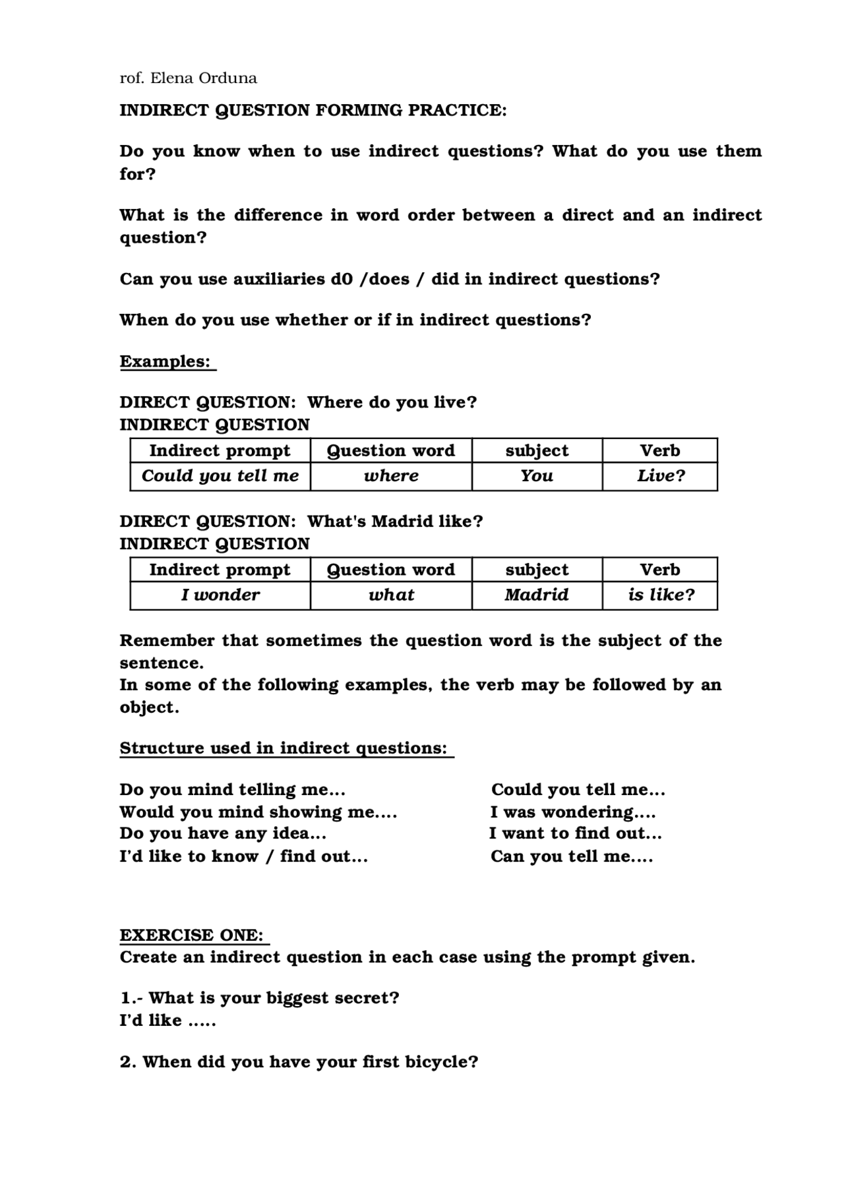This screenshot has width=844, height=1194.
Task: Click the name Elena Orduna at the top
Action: [x=204, y=78]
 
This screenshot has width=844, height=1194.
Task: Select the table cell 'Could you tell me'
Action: [x=220, y=476]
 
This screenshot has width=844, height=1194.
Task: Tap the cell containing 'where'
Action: [x=391, y=476]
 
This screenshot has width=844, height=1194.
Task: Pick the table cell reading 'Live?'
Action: [x=660, y=476]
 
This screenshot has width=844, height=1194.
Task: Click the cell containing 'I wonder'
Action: [x=220, y=595]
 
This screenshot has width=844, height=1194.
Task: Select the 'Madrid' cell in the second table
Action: [x=537, y=595]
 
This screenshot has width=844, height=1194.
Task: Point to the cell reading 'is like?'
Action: [x=661, y=595]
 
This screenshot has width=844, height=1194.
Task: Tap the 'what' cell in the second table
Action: [x=391, y=595]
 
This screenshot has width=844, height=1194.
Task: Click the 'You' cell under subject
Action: [x=537, y=476]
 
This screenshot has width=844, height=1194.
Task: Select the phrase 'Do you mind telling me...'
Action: [x=232, y=790]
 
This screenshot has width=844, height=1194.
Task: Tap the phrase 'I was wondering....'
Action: [x=572, y=812]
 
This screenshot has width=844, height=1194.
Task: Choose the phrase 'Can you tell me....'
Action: [x=572, y=856]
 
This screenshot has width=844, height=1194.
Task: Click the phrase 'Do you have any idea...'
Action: [x=223, y=834]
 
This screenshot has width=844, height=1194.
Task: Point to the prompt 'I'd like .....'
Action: [x=167, y=1021]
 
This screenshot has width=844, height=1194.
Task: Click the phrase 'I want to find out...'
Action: [x=575, y=834]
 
